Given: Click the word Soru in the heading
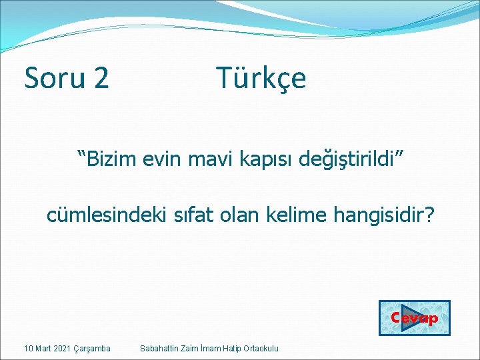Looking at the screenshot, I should (x=55, y=78).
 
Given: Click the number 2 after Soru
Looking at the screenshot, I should (x=101, y=78).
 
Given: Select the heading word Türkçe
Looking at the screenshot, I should (x=261, y=78).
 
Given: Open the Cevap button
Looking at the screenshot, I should (x=414, y=318).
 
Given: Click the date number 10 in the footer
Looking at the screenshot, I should (x=28, y=349).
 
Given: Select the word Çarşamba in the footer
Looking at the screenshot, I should (x=94, y=349).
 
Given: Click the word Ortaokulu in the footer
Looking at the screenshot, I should (x=261, y=349).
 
